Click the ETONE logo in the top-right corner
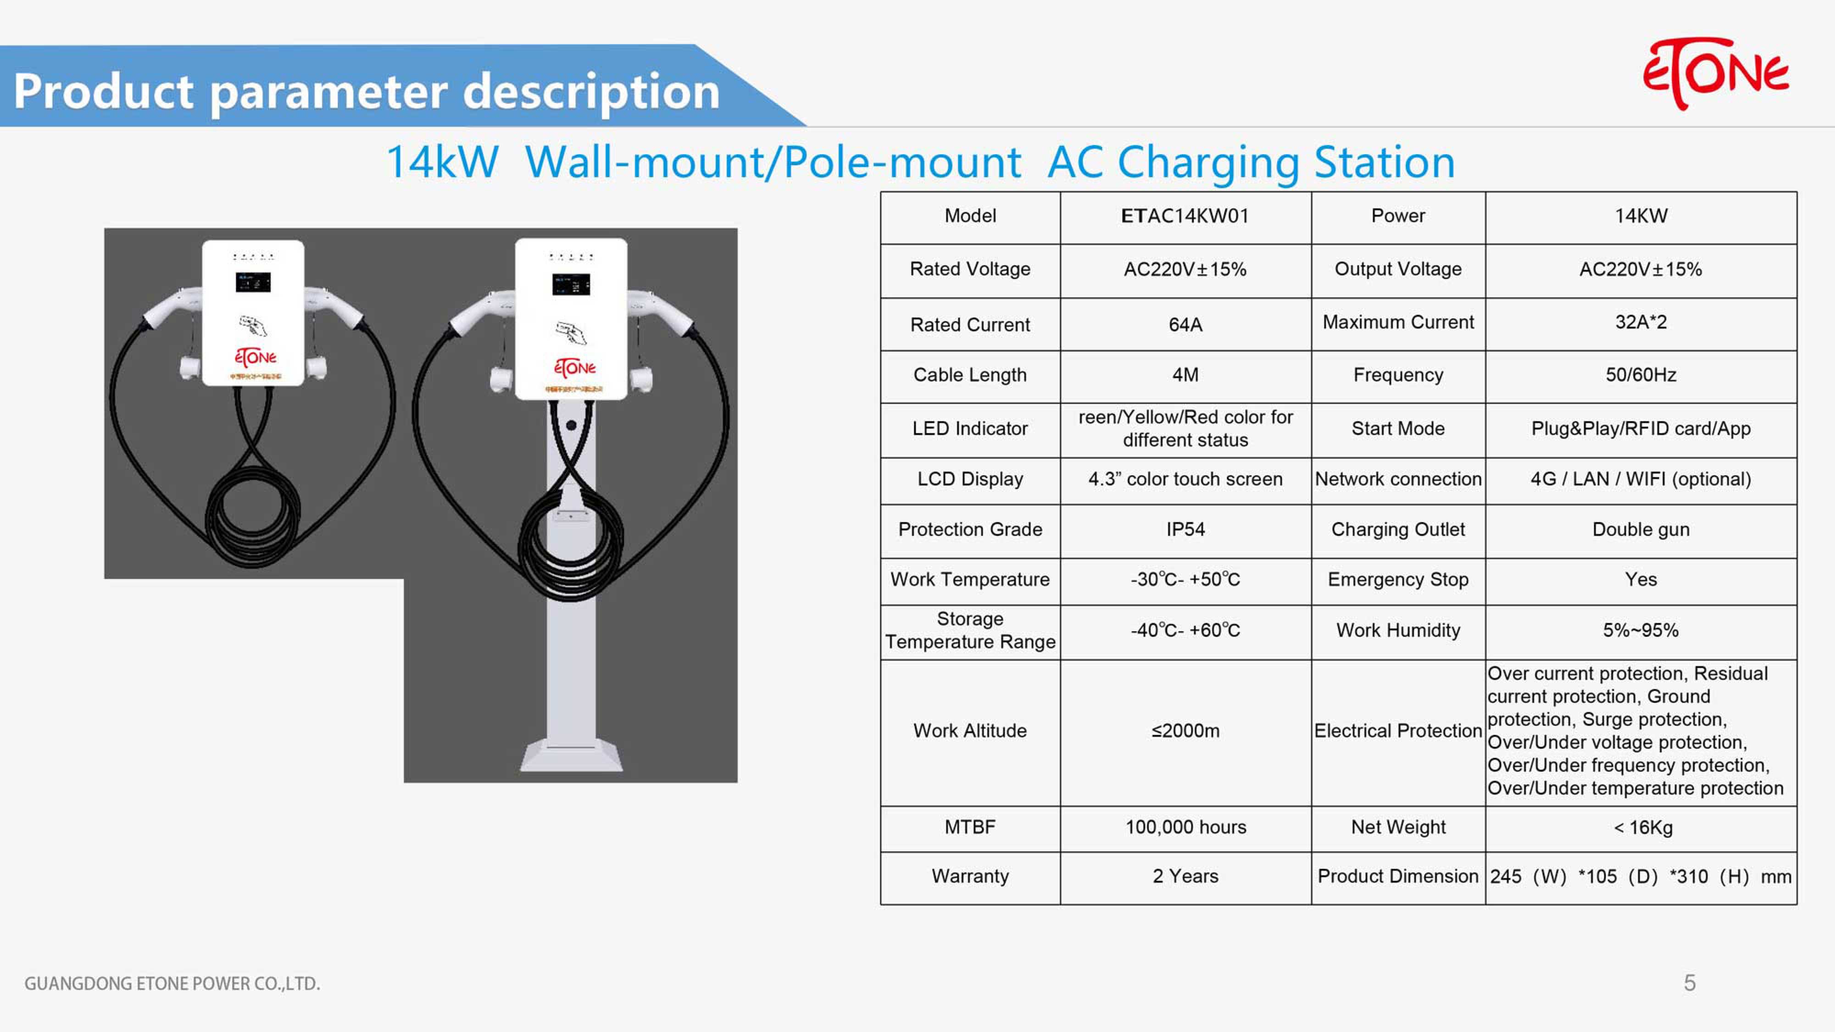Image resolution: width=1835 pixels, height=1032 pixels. coord(1715,74)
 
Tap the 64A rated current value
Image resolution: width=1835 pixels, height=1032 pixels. coord(1185,325)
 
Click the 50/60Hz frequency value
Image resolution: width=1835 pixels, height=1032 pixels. coord(1640,375)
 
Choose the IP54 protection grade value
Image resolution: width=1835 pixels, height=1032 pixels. coord(1185,529)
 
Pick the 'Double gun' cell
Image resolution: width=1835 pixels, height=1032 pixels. coord(1640,529)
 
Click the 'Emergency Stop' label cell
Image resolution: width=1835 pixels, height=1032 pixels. coord(1398,580)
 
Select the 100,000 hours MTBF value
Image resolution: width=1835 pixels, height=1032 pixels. coord(1185,827)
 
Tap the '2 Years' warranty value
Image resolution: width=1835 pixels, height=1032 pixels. coord(1185,876)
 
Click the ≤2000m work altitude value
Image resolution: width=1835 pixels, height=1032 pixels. coord(1185,731)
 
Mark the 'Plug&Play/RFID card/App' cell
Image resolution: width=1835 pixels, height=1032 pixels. coord(1640,429)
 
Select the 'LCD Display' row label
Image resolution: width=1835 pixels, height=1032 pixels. coord(970,479)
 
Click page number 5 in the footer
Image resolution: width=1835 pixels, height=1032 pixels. coord(1690,983)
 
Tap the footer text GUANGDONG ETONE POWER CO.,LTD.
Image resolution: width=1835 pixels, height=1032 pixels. coord(172,983)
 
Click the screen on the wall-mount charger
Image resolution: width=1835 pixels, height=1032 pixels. coord(254,282)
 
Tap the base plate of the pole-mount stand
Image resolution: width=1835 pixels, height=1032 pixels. coord(571,756)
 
